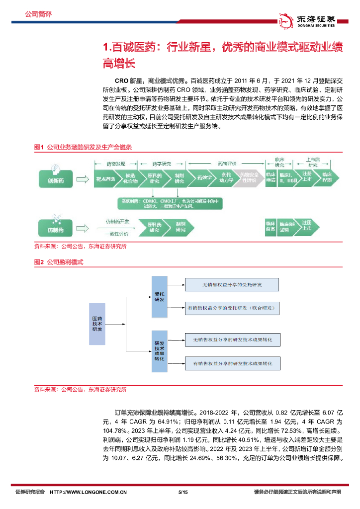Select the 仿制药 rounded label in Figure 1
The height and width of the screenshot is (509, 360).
[x=56, y=230]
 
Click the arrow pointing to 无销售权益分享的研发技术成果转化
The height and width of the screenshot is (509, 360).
[x=175, y=340]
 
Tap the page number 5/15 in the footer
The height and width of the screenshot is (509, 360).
[x=182, y=492]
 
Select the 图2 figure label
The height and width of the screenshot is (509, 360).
[x=39, y=261]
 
